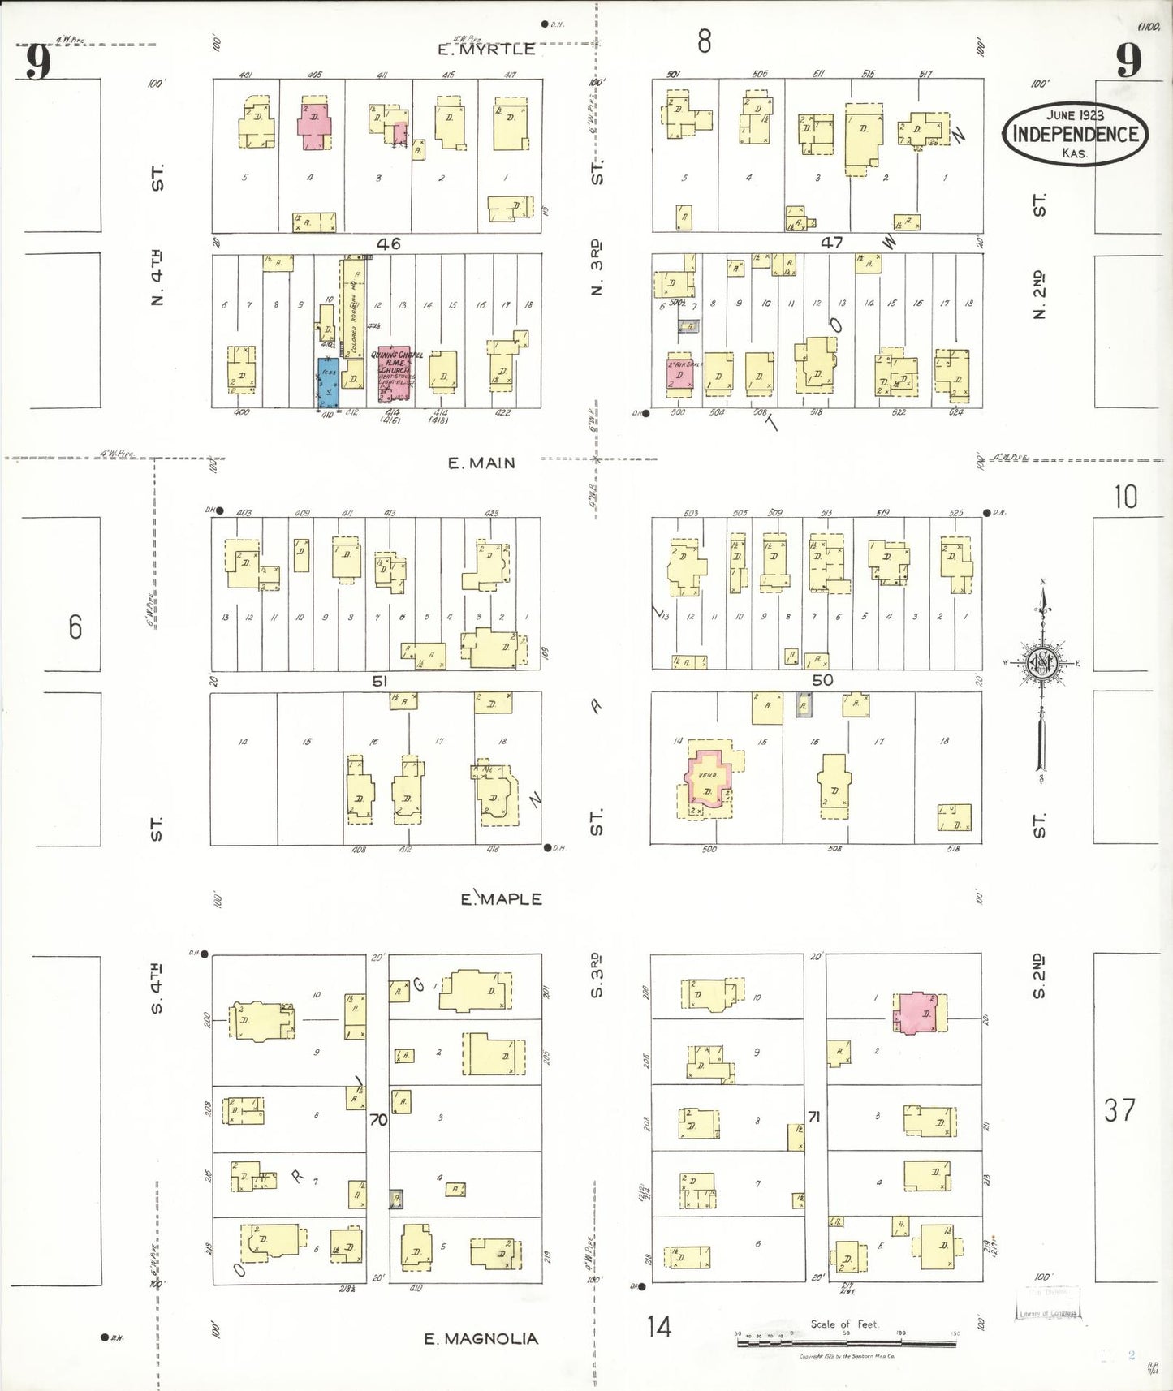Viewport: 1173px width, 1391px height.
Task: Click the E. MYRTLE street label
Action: coord(486,50)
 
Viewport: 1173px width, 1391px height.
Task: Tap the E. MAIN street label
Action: coord(481,463)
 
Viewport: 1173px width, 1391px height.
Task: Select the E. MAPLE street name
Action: coord(501,899)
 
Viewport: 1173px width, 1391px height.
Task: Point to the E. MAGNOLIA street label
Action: coord(481,1339)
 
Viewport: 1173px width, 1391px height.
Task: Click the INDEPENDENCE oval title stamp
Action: coord(1075,134)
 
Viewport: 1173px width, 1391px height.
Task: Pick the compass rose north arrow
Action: coord(1043,665)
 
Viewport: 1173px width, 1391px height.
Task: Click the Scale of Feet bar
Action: coord(847,1343)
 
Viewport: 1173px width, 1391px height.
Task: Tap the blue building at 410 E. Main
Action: coord(328,382)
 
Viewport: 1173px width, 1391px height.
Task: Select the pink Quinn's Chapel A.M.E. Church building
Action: coord(395,375)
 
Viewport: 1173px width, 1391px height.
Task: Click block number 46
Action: coord(388,243)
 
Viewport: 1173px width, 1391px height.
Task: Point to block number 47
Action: coord(831,242)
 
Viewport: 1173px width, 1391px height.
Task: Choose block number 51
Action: coord(379,681)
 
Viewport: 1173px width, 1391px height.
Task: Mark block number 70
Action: coord(378,1120)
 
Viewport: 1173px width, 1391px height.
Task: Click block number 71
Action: coord(814,1117)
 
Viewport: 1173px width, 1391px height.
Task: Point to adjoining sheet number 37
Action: coord(1119,1109)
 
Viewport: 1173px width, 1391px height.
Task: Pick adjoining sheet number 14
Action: coord(659,1327)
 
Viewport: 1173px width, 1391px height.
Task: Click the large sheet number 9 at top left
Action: coord(37,62)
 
